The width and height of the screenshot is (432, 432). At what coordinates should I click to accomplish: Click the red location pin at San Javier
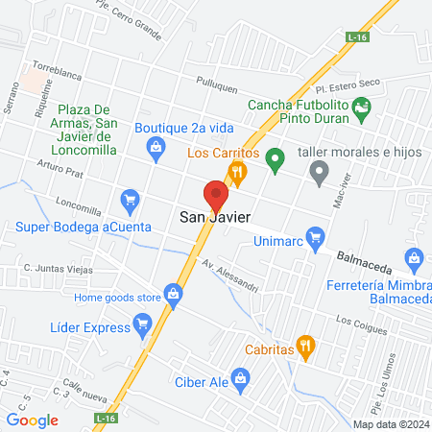coord(216,195)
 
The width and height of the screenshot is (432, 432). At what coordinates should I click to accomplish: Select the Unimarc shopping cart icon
coord(314,235)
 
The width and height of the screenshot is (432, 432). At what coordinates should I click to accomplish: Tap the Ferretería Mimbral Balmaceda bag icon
coord(414,257)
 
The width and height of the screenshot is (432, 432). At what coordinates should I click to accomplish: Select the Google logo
coord(33,420)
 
